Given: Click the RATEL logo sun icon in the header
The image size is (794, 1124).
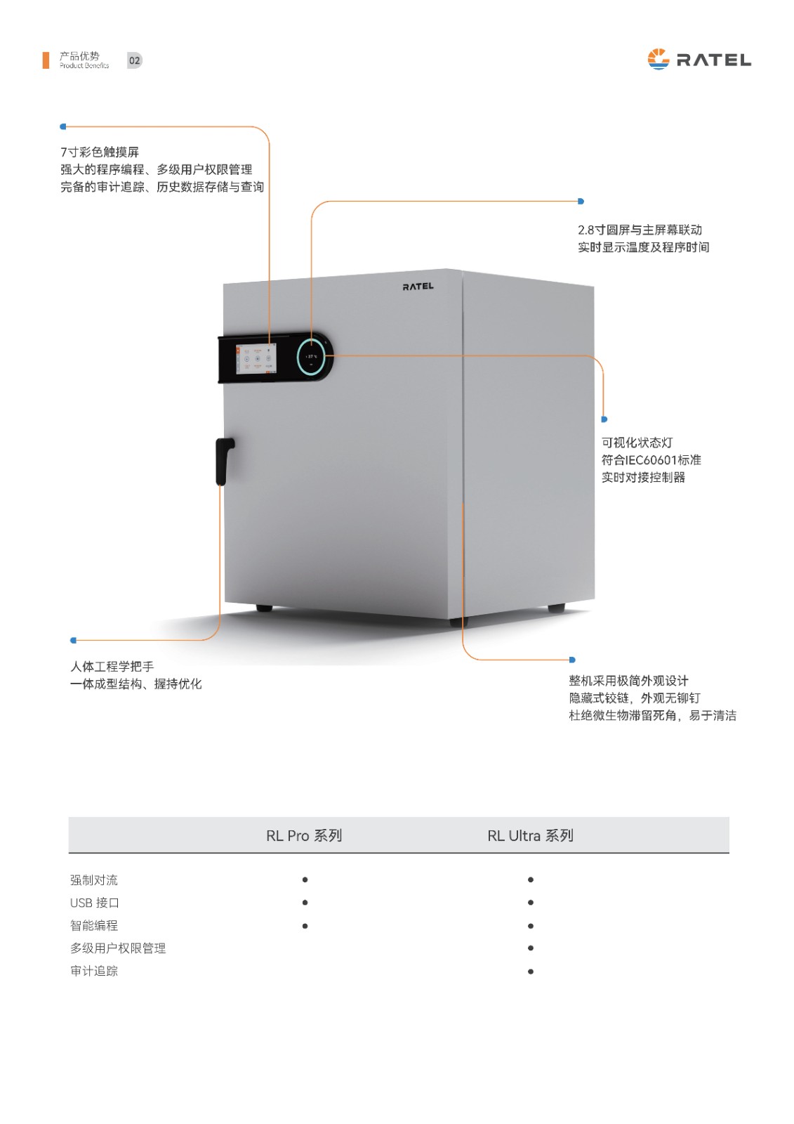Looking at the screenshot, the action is (x=658, y=59).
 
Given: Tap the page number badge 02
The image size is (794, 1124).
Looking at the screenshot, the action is (x=134, y=60).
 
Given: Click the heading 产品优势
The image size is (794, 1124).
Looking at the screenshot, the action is (x=79, y=55).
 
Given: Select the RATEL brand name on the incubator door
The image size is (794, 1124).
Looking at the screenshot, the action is (x=418, y=287).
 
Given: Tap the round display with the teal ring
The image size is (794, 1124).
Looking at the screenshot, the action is (x=311, y=357).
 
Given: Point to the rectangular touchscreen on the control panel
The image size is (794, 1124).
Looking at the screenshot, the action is (x=256, y=359).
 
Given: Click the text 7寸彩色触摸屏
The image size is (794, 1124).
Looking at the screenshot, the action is (x=99, y=152).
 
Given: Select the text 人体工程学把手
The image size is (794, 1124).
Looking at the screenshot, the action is (x=112, y=667).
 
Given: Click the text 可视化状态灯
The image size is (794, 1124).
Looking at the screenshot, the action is (x=637, y=443).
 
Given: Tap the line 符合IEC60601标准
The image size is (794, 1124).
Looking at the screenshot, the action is (x=651, y=459).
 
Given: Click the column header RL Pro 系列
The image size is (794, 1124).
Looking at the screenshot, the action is (x=304, y=835).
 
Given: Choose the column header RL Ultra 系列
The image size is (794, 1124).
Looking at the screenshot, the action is (x=530, y=835).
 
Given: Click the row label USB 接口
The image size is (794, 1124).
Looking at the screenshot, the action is (x=94, y=903).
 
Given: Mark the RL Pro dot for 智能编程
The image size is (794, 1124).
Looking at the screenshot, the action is (x=305, y=926).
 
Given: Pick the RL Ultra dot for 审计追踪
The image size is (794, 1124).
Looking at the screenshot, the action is (x=531, y=972).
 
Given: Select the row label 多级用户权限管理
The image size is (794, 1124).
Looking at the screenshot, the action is (x=118, y=948).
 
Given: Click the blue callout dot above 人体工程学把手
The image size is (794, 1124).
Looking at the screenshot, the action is (x=73, y=640).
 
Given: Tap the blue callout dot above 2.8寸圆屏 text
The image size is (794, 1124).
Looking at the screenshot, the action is (x=581, y=201).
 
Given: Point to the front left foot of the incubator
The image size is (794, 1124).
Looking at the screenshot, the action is (x=265, y=608).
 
